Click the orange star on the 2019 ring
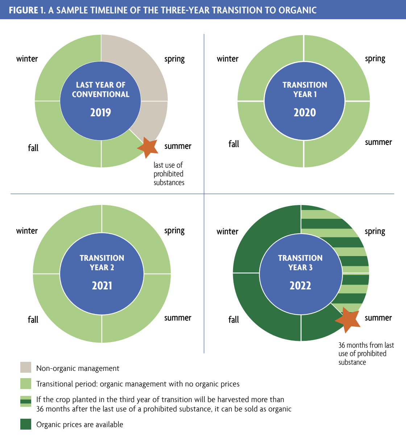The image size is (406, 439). click(148, 147)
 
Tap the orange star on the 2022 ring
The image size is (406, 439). click(348, 319)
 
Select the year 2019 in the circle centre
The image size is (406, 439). click(100, 113)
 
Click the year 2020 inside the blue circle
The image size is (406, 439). click(304, 113)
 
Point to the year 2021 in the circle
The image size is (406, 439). click(102, 285)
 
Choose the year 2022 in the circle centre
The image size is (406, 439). click(300, 285)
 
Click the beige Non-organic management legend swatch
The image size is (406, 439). click(26, 367)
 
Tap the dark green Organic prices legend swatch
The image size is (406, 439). click(26, 424)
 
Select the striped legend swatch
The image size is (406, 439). click(26, 401)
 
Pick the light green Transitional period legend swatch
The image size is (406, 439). click(26, 384)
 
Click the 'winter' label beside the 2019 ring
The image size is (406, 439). click(27, 59)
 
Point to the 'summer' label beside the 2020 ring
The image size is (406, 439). click(378, 142)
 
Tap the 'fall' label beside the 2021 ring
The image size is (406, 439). click(33, 319)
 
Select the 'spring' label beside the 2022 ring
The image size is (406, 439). click(375, 232)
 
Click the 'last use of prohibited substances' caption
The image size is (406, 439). click(169, 174)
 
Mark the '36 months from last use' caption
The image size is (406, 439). click(366, 354)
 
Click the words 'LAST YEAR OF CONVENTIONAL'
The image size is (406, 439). click(101, 89)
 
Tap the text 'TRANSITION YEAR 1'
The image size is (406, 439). click(304, 89)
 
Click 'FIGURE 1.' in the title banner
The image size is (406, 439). click(27, 10)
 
